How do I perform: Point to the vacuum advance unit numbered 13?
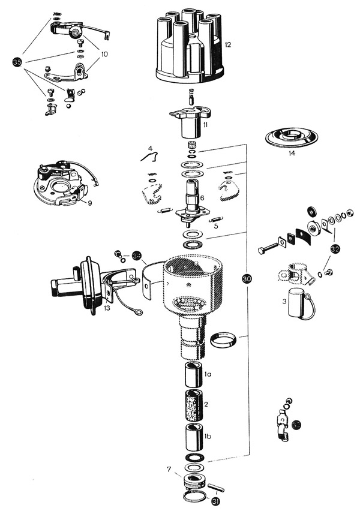coord(84,285)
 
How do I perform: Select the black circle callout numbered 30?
coord(247,278)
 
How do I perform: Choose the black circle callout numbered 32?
coord(335,248)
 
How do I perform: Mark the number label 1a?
coord(208,374)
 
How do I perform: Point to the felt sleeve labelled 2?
coord(193,404)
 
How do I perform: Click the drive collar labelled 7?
coord(193,481)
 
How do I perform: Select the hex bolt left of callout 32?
coord(271,247)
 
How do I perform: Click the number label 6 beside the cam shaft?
coord(202,197)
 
